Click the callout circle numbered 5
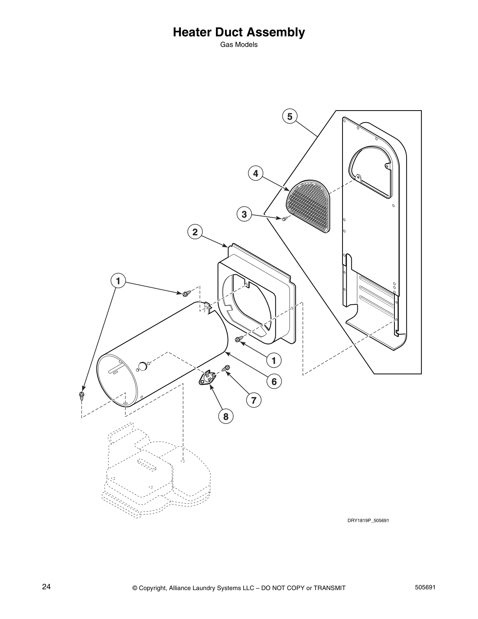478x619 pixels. [289, 116]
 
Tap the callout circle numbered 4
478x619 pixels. [255, 173]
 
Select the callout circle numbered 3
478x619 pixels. [244, 214]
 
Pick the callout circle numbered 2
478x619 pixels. [194, 232]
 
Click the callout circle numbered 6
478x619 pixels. [274, 381]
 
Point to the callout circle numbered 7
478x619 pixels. [253, 400]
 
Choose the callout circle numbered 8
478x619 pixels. [225, 417]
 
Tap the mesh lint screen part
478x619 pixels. [309, 207]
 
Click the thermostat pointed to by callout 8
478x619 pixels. [208, 378]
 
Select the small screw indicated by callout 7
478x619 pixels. [226, 368]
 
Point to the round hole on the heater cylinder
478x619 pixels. [142, 366]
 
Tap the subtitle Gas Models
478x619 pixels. [239, 45]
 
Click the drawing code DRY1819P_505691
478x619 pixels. [368, 521]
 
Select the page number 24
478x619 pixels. [46, 587]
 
